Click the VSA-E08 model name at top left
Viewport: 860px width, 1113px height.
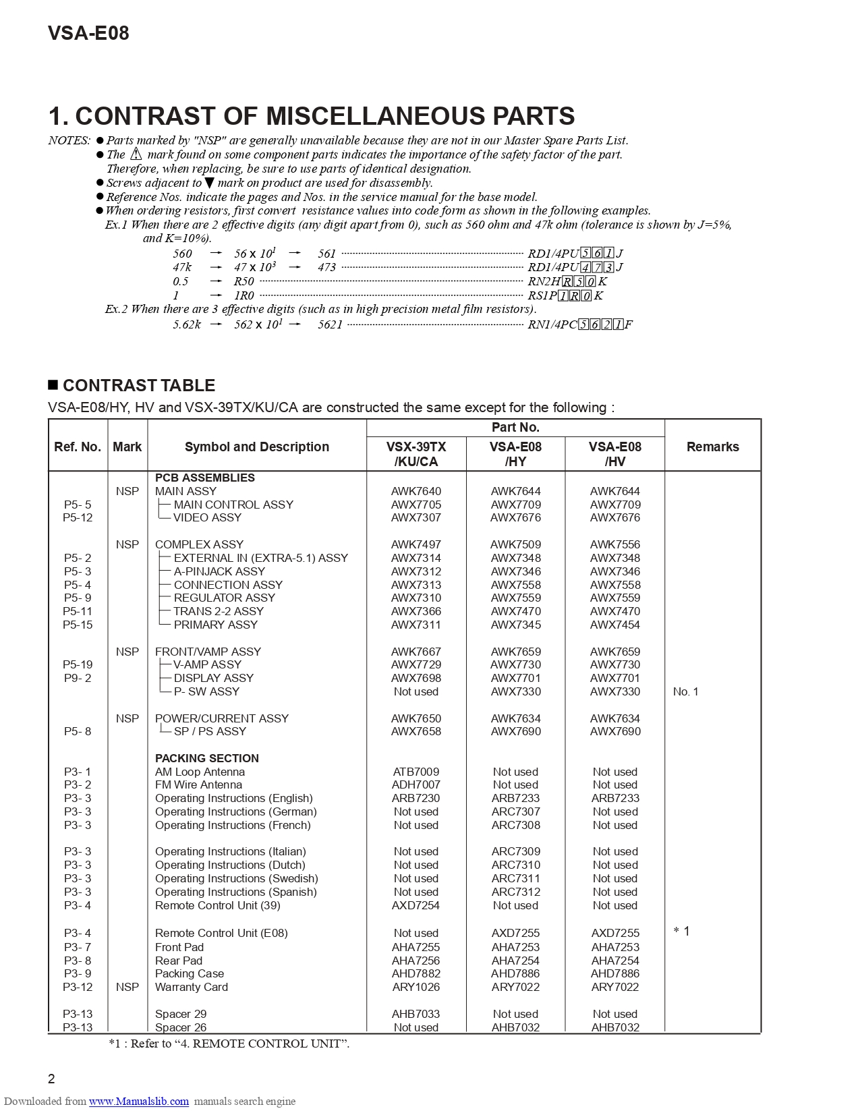tap(88, 33)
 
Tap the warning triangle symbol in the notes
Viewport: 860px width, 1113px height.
tap(136, 154)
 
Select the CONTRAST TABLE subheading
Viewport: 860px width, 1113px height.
tap(138, 385)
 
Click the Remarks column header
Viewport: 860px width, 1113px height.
tap(712, 447)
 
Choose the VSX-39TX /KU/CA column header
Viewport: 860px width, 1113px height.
tap(416, 454)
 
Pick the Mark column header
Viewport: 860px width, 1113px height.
tap(127, 447)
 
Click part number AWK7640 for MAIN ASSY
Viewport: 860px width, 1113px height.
tap(416, 491)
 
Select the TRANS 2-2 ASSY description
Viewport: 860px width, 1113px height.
tap(218, 611)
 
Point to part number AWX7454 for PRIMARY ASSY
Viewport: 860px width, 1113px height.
tap(614, 625)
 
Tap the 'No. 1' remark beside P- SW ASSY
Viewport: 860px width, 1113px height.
tap(685, 691)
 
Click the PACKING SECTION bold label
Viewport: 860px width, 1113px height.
tap(206, 758)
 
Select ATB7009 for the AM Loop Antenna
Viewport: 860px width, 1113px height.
tap(416, 772)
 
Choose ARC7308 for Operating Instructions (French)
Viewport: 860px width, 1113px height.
tap(515, 825)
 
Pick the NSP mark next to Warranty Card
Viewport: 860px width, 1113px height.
tap(127, 987)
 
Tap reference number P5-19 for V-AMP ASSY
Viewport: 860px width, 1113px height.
tap(78, 664)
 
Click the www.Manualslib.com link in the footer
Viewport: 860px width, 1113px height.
tap(139, 1102)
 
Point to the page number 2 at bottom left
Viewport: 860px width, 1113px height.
tap(52, 1079)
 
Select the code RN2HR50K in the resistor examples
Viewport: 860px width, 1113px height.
tap(567, 281)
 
